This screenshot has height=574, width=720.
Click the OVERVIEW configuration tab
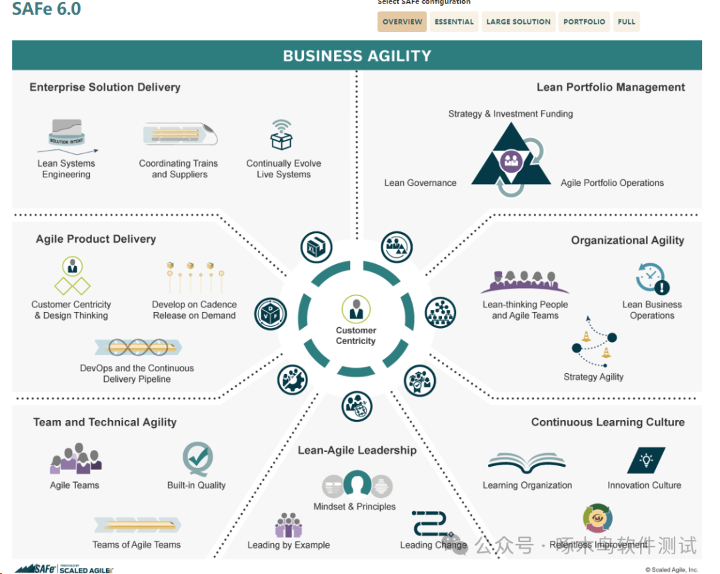pyautogui.click(x=402, y=22)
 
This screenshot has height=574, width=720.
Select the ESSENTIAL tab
pyautogui.click(x=454, y=22)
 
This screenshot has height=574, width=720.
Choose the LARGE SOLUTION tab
pyautogui.click(x=518, y=22)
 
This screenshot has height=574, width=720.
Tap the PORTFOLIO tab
pyautogui.click(x=584, y=22)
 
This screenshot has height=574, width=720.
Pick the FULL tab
pyautogui.click(x=626, y=22)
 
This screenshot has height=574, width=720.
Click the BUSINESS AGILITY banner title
pyautogui.click(x=357, y=56)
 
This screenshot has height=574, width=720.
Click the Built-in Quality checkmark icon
pyautogui.click(x=197, y=459)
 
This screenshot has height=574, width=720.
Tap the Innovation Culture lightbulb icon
pyautogui.click(x=645, y=461)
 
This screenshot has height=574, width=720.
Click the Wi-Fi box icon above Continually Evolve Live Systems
pyautogui.click(x=281, y=135)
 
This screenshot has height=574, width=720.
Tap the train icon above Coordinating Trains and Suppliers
pyautogui.click(x=179, y=135)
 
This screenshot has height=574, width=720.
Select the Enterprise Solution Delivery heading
pyautogui.click(x=105, y=87)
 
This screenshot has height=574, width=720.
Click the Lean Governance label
pyautogui.click(x=420, y=183)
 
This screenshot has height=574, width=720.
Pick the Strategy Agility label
pyautogui.click(x=593, y=377)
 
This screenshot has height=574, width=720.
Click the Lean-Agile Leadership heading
pyautogui.click(x=357, y=450)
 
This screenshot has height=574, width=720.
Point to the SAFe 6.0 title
pyautogui.click(x=47, y=9)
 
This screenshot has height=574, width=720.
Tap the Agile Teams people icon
pyautogui.click(x=75, y=459)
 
